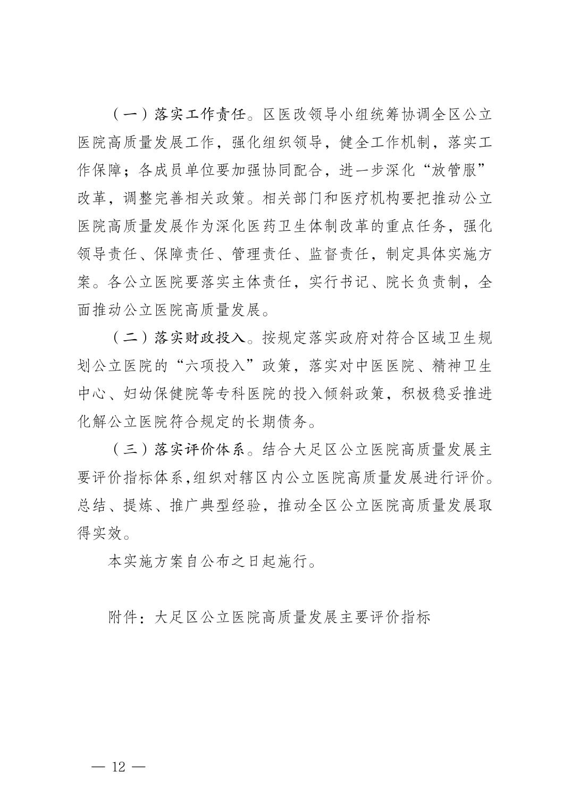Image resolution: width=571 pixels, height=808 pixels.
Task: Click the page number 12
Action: pos(118,767)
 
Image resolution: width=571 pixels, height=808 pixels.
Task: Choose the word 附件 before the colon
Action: pos(123,617)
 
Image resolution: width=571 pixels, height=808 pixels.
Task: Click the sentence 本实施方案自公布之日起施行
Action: pos(207,561)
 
